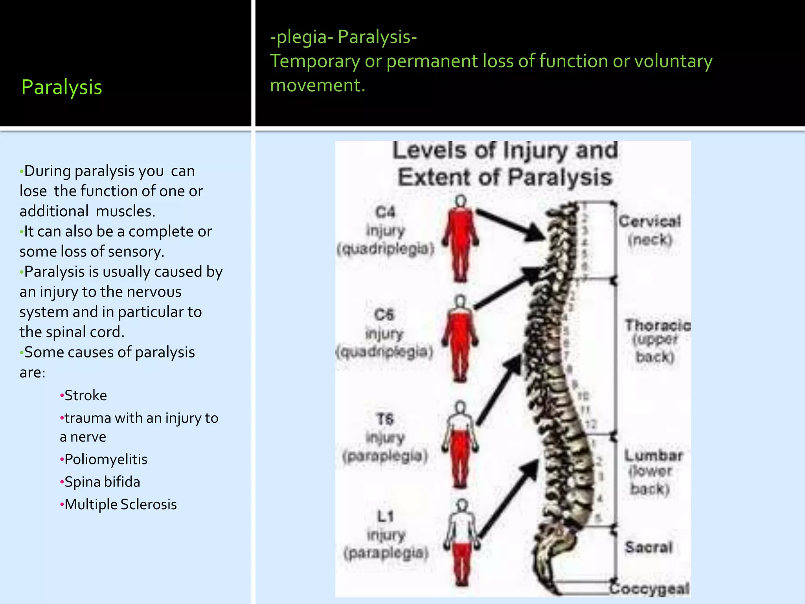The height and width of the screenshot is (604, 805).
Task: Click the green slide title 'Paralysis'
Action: tap(62, 87)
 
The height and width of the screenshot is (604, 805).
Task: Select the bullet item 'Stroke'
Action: tap(85, 395)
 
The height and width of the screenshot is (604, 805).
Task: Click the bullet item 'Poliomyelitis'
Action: tap(105, 459)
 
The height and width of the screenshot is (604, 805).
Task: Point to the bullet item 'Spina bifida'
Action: tap(102, 482)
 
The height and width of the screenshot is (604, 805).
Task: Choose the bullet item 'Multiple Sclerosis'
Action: tap(120, 504)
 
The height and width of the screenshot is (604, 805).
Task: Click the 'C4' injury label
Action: tap(385, 212)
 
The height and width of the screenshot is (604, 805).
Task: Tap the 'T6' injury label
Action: tap(385, 419)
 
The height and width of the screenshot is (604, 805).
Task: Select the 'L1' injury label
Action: tap(385, 516)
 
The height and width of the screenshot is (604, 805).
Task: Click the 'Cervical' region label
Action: tap(649, 221)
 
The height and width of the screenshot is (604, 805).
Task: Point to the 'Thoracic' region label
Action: tap(658, 325)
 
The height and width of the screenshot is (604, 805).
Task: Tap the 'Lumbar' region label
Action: tap(653, 455)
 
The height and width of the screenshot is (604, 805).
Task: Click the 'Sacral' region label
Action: tap(649, 547)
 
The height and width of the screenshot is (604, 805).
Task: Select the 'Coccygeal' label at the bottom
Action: tap(649, 589)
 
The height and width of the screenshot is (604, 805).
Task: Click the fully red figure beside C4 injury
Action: tap(460, 240)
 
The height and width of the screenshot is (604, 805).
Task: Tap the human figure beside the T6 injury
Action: tap(460, 444)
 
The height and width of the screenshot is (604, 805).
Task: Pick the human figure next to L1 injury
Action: tap(462, 543)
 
